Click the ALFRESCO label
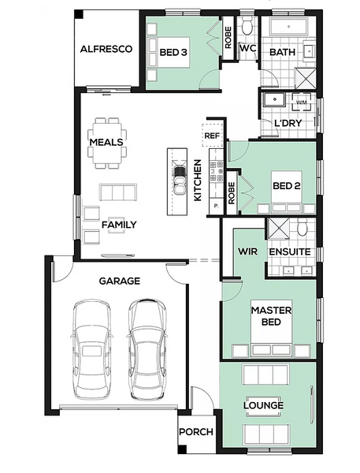[x=106, y=49]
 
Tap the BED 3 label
[x=173, y=52]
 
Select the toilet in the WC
[x=247, y=25]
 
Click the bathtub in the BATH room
[x=288, y=27]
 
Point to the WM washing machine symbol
[x=301, y=102]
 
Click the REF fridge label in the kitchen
[x=212, y=136]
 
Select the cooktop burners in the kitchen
[x=217, y=172]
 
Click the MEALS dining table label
[x=106, y=142]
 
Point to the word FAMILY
[x=119, y=225]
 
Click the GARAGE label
[x=120, y=281]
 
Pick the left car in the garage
[x=92, y=349]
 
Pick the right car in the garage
[x=147, y=349]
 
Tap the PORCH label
[x=196, y=432]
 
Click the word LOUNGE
[x=264, y=405]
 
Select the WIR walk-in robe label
[x=247, y=251]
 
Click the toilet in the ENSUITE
[x=302, y=227]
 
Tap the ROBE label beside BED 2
[x=232, y=193]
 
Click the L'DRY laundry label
[x=288, y=123]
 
